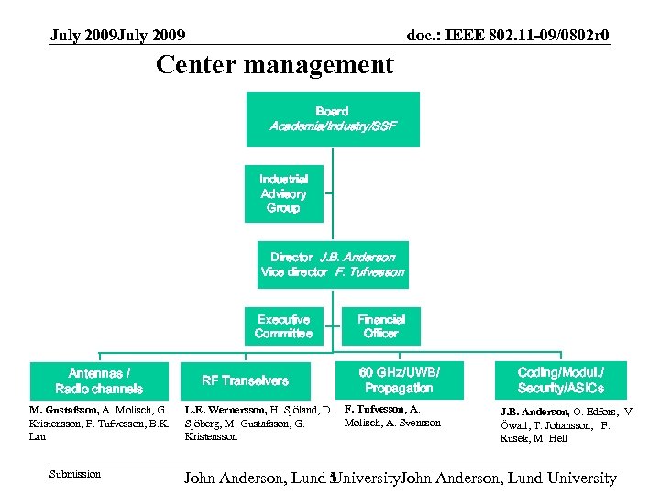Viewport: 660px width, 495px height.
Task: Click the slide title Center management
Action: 274,66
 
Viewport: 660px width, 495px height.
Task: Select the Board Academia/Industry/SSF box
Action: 333,118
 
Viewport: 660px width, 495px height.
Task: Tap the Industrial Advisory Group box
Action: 283,193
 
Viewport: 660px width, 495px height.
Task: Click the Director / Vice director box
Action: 333,265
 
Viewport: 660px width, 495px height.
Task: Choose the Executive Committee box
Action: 283,326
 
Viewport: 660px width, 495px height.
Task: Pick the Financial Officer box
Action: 381,326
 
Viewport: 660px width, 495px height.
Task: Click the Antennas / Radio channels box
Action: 99,380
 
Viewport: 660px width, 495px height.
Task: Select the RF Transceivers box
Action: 245,380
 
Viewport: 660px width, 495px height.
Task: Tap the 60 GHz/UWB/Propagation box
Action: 399,380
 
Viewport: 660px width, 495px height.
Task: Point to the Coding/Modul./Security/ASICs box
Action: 560,380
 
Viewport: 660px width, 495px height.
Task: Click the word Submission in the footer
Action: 75,474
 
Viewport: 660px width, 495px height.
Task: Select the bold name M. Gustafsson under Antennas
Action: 63,410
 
